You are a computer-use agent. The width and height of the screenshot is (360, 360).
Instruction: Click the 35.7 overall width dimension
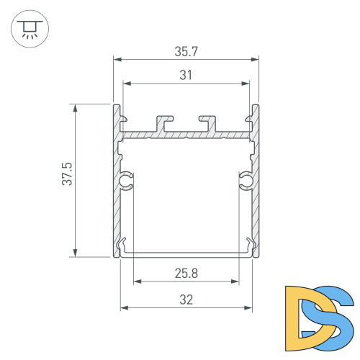[186, 52]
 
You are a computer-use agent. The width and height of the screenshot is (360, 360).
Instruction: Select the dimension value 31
[186, 74]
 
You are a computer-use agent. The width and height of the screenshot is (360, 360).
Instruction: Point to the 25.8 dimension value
[186, 273]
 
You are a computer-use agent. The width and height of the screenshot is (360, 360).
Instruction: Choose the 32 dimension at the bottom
[186, 300]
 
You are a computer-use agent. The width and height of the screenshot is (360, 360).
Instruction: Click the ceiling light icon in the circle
[29, 30]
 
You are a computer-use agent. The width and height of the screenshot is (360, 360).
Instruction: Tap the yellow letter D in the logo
[301, 314]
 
